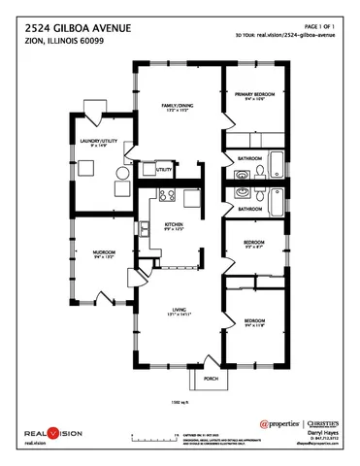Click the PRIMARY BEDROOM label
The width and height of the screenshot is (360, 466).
click(x=255, y=94)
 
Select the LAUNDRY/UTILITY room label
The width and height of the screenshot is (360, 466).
click(x=97, y=143)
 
